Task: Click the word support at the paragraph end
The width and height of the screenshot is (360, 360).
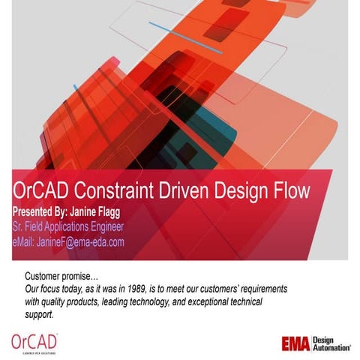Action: point(39,314)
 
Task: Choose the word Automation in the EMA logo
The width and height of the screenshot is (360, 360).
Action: point(333,348)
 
